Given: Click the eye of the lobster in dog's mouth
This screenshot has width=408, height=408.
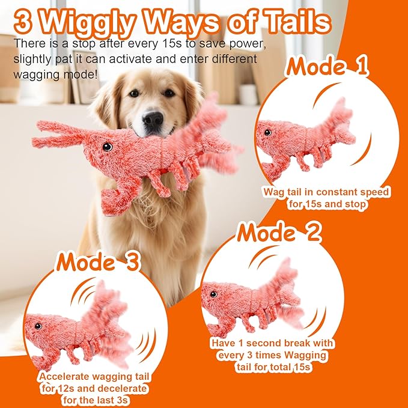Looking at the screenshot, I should [x=106, y=147].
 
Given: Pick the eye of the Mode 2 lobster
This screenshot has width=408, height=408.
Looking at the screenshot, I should [x=212, y=294].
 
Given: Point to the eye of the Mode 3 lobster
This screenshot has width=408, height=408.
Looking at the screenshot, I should [x=38, y=326].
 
